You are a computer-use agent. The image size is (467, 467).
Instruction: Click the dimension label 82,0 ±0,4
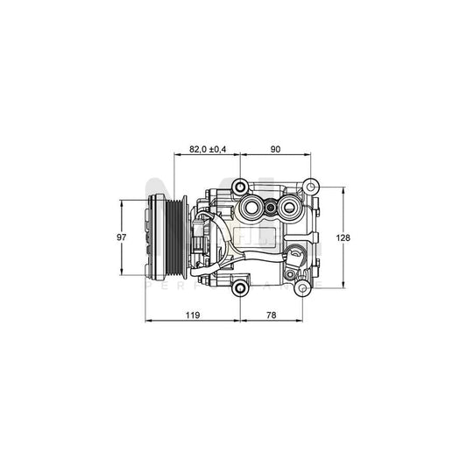[208, 150]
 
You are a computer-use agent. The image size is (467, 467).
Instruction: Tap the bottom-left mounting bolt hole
[239, 288]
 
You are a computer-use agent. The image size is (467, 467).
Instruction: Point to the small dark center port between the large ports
[272, 209]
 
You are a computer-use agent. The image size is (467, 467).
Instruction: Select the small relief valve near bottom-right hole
[297, 258]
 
